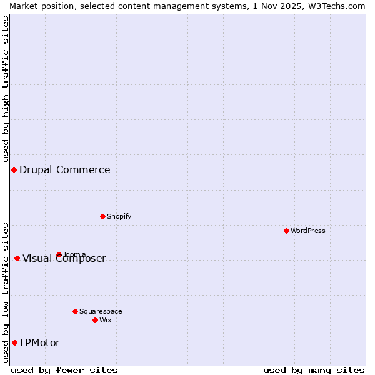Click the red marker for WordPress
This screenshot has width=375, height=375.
[286, 231]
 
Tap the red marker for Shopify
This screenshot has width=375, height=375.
[102, 216]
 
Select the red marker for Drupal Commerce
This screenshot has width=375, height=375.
[14, 169]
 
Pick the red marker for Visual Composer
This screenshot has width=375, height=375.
[17, 258]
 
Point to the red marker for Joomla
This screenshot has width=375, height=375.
[59, 254]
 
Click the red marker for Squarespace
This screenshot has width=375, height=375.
[75, 311]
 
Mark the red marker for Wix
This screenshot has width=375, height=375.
[95, 320]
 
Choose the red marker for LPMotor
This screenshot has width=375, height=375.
[14, 342]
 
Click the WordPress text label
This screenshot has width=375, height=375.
[308, 231]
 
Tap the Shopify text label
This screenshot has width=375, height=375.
[119, 216]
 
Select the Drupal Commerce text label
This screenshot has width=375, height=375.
[65, 169]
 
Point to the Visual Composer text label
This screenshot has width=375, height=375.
[64, 259]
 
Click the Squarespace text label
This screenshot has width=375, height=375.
[101, 311]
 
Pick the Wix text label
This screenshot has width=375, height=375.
[106, 320]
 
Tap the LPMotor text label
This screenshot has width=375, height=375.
[40, 342]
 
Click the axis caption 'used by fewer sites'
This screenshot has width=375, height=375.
[64, 370]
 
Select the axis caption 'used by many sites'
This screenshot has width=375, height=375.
[314, 370]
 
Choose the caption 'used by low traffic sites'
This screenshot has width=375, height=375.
[6, 292]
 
